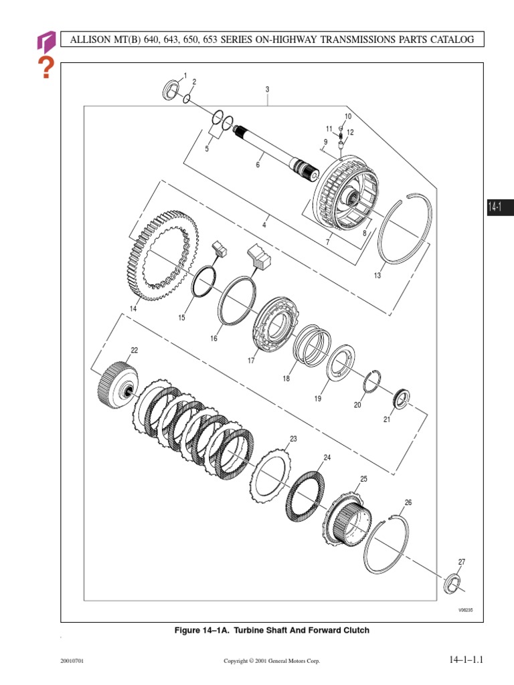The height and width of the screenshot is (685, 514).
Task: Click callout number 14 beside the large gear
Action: click(x=133, y=308)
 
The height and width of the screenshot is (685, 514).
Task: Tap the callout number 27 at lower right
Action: click(x=461, y=561)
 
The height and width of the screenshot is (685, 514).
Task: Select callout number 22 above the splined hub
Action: click(x=135, y=351)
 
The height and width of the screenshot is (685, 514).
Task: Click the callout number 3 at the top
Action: click(x=267, y=89)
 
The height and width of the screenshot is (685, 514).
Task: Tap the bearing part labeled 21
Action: click(x=401, y=401)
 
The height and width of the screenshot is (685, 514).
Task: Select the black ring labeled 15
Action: click(x=203, y=284)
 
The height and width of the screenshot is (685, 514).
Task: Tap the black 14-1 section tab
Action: click(x=495, y=207)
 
